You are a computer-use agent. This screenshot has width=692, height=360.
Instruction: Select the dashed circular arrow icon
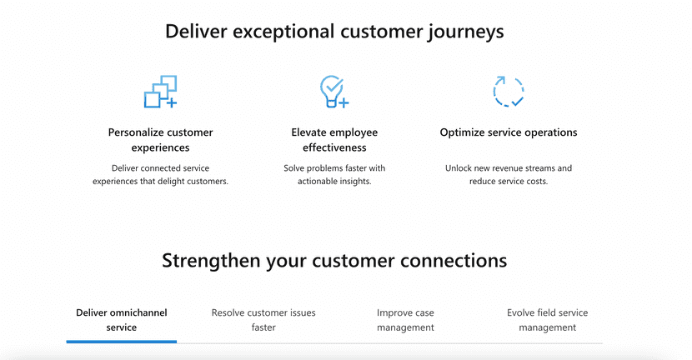coord(509,92)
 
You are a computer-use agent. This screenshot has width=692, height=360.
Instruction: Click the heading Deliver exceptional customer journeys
coord(334,32)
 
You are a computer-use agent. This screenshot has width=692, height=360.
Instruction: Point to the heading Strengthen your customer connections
coord(334,261)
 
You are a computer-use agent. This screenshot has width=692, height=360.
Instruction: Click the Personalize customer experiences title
coord(161,140)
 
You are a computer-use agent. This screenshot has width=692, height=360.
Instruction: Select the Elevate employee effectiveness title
coord(334,140)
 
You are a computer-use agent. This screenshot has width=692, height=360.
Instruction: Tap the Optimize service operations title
coord(509,132)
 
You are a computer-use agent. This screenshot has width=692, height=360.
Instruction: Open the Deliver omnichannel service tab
coord(122,320)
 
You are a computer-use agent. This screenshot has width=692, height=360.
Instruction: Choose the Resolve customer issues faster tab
coord(263,320)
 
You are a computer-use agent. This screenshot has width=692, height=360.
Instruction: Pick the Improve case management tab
coord(405,320)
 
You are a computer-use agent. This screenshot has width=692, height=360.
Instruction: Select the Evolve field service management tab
coord(547,320)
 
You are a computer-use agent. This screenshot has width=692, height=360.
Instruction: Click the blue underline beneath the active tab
coord(122,342)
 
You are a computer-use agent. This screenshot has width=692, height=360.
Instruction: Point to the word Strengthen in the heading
coord(211,261)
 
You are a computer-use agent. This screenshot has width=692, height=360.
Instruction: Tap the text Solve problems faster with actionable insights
coord(334,175)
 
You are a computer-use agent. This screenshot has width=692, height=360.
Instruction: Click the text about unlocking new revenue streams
coord(509,175)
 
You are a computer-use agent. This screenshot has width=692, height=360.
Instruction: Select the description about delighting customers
coord(161,175)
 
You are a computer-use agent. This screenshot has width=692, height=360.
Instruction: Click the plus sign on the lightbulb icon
coord(343,102)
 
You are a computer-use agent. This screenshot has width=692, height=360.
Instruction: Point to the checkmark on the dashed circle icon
coord(517,101)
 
